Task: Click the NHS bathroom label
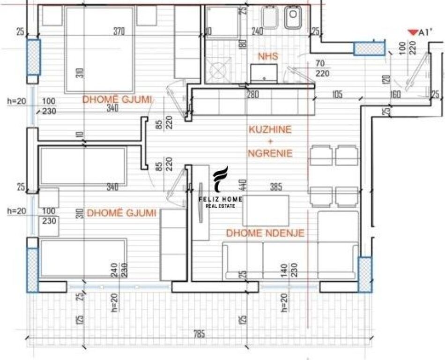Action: tap(268, 57)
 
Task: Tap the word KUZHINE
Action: tap(270, 130)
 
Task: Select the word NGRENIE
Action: tap(270, 153)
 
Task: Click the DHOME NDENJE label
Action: tap(265, 233)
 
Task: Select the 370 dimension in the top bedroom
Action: tap(119, 32)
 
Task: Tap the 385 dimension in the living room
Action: tap(276, 187)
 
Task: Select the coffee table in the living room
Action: tap(266, 210)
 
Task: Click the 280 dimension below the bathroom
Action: tap(253, 95)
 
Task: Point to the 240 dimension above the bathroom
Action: tap(257, 32)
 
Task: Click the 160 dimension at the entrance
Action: tap(396, 95)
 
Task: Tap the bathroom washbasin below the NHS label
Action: tap(264, 73)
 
